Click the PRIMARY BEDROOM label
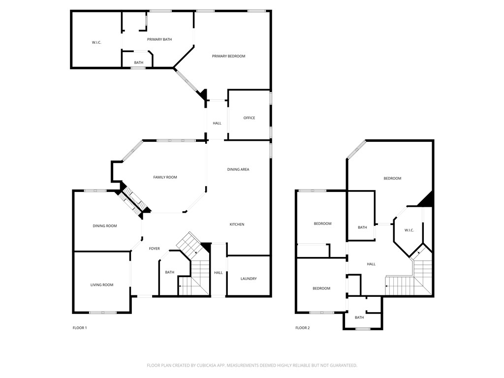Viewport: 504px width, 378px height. pyautogui.click(x=228, y=56)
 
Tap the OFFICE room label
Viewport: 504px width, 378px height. pyautogui.click(x=249, y=118)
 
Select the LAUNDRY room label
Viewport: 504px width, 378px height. pyautogui.click(x=249, y=279)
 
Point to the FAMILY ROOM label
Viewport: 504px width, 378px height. pyautogui.click(x=165, y=177)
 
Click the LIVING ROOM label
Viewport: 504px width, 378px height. pyautogui.click(x=102, y=284)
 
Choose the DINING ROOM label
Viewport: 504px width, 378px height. pyautogui.click(x=105, y=226)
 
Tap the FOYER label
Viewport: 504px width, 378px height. pyautogui.click(x=155, y=249)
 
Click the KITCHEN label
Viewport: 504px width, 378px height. pyautogui.click(x=237, y=224)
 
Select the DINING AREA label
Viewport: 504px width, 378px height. pyautogui.click(x=238, y=169)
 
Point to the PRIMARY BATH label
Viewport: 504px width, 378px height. pyautogui.click(x=159, y=39)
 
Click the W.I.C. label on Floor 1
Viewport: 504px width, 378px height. pyautogui.click(x=96, y=42)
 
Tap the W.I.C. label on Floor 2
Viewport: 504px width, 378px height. pyautogui.click(x=409, y=230)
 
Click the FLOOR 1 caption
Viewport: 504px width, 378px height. pyautogui.click(x=80, y=328)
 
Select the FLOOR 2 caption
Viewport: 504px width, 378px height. pyautogui.click(x=302, y=328)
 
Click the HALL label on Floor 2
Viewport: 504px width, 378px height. pyautogui.click(x=371, y=264)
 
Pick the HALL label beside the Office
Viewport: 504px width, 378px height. pyautogui.click(x=217, y=123)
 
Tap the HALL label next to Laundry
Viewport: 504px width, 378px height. pyautogui.click(x=219, y=273)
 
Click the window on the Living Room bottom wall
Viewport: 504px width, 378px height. pyautogui.click(x=103, y=313)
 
